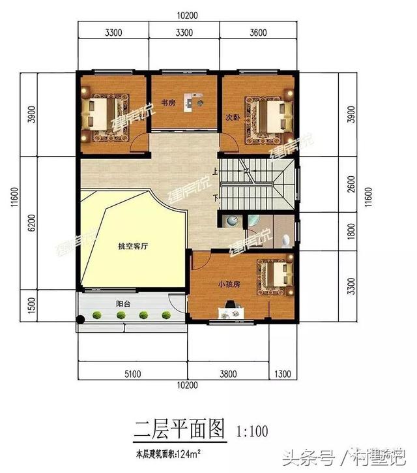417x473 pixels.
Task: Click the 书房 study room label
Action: tap(168, 102)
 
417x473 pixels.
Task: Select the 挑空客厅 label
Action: tap(133, 247)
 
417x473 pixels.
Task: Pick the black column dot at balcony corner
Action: tap(80, 319)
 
